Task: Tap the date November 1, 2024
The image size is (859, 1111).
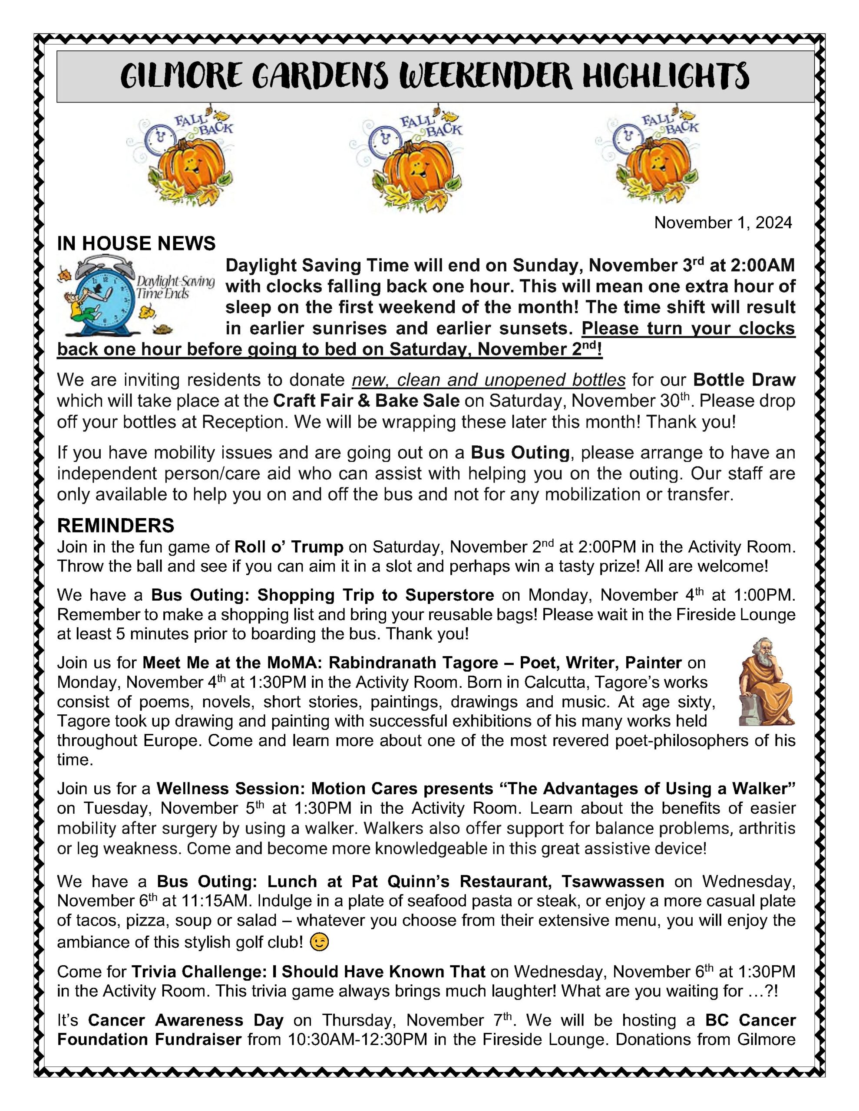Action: [x=723, y=222]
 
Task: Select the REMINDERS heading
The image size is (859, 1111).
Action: [x=116, y=525]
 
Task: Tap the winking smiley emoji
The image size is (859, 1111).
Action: [x=319, y=943]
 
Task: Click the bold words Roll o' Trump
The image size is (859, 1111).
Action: [x=289, y=547]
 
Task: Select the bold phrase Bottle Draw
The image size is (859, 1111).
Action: [x=744, y=380]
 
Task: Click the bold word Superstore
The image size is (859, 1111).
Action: [x=449, y=595]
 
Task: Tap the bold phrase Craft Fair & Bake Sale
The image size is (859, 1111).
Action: [x=366, y=401]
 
